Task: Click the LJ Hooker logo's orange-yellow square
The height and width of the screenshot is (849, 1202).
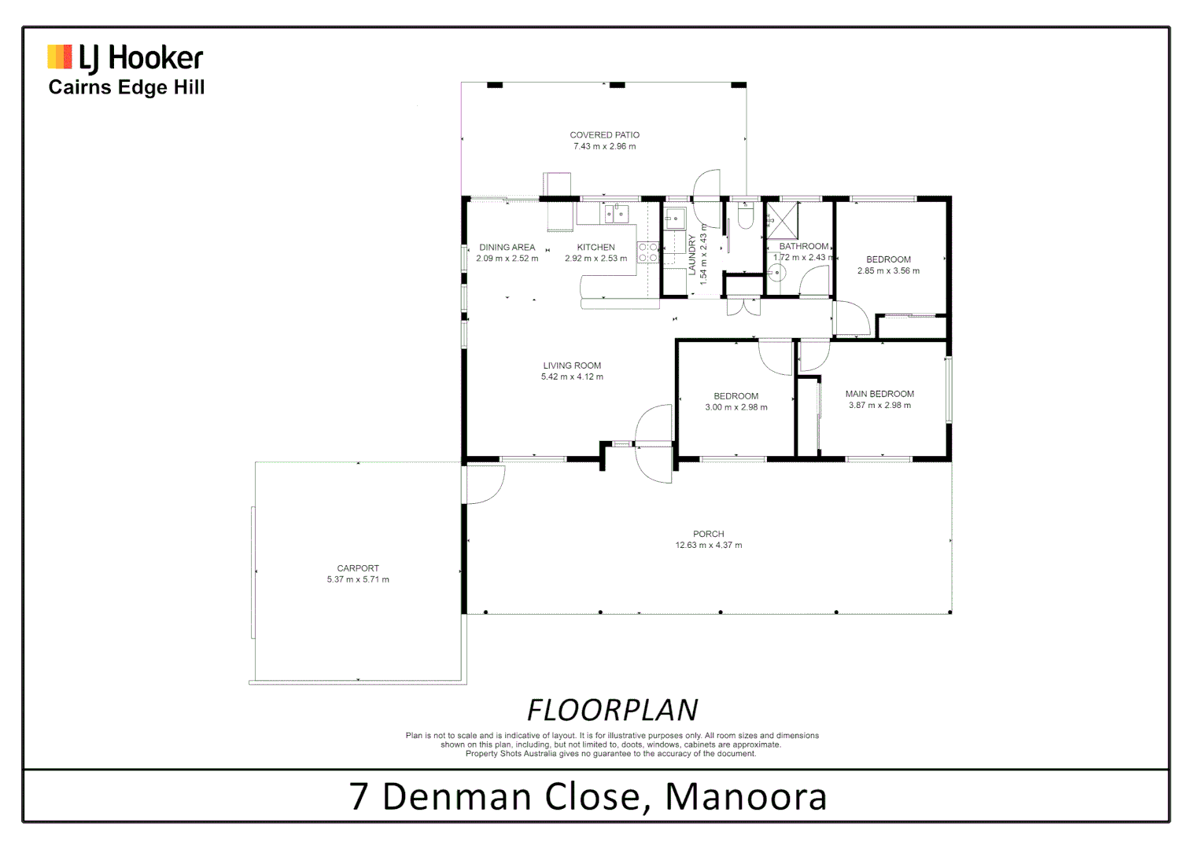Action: tap(60, 57)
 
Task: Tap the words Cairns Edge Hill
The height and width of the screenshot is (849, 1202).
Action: tap(126, 87)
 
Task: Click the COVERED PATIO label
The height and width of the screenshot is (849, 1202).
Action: tap(604, 135)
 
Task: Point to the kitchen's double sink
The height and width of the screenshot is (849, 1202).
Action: tap(615, 214)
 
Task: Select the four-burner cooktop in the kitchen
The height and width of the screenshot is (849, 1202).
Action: tap(647, 252)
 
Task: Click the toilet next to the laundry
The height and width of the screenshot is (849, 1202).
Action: tap(745, 215)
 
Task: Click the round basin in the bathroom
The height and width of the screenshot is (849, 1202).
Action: tap(776, 273)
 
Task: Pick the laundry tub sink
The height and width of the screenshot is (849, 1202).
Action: tap(675, 218)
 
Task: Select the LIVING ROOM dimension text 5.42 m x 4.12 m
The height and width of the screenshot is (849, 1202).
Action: tap(572, 377)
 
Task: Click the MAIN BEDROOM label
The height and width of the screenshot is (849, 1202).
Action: tap(879, 394)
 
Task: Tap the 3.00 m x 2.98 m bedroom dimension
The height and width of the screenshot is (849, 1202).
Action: tap(736, 407)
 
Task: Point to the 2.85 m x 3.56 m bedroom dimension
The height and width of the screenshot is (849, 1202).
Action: tap(888, 271)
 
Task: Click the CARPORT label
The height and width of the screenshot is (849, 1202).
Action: tap(358, 568)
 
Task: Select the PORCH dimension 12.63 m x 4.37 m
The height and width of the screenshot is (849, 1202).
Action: tap(708, 546)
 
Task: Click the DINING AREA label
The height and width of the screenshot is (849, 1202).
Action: tap(507, 248)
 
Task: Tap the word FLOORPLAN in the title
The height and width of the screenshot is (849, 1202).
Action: tap(612, 710)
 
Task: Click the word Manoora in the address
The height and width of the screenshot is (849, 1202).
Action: tap(746, 796)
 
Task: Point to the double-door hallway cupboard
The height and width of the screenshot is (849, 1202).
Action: tap(743, 306)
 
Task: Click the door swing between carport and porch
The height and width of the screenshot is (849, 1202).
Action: tap(485, 484)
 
